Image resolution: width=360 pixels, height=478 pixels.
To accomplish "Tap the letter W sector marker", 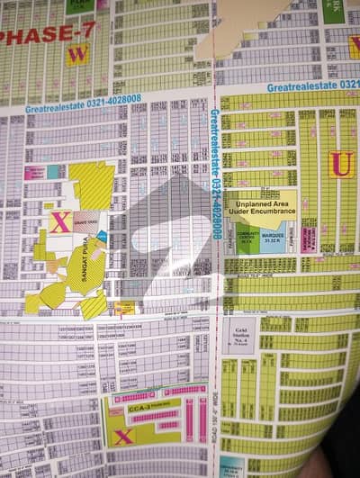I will [77, 55].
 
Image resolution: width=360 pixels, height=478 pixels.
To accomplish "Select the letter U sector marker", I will [340, 164].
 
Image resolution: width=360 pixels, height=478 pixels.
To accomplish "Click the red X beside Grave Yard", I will [58, 221].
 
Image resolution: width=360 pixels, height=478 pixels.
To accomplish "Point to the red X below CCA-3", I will [123, 436].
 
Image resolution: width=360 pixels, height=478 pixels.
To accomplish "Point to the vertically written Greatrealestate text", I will [216, 171].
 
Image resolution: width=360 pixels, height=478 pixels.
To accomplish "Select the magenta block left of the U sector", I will [309, 238].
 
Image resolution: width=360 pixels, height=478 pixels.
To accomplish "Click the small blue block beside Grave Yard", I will [102, 236].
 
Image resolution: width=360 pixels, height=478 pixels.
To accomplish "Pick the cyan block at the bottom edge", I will [231, 468].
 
